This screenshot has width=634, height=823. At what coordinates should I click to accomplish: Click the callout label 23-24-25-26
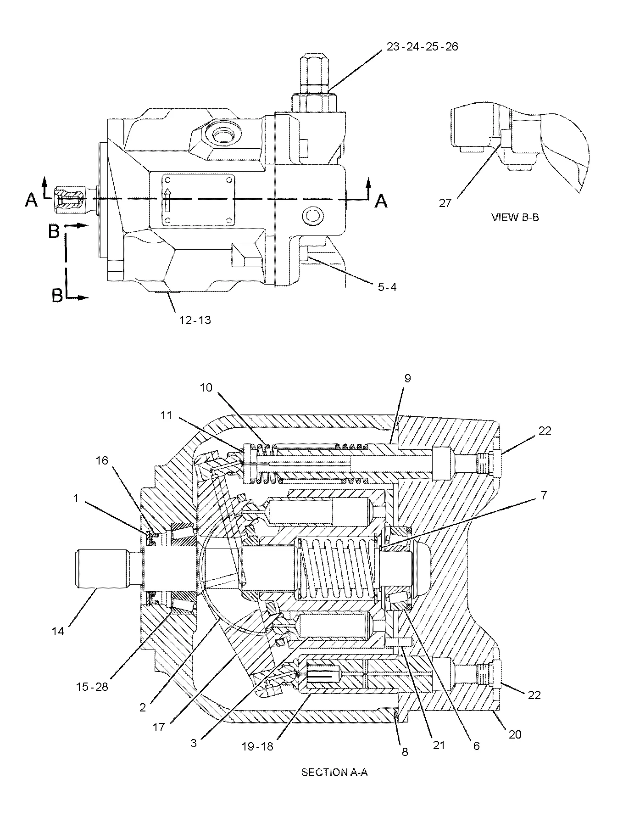422,47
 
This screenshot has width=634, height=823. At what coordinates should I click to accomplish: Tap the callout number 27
445,203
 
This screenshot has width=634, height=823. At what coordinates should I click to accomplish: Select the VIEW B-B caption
515,218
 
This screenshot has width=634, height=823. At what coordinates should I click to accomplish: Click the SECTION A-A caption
334,772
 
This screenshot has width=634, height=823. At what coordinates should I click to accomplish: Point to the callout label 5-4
387,287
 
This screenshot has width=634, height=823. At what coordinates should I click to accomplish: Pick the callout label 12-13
195,319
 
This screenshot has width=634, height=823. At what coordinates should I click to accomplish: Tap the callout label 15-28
93,687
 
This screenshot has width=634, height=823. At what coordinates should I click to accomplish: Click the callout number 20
515,734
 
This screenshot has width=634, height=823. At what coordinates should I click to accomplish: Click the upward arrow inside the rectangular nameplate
168,200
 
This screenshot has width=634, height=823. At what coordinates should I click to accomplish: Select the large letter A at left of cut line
31,200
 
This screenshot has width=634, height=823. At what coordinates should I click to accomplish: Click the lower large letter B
57,296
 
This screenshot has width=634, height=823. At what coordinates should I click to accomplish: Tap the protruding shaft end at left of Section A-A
100,569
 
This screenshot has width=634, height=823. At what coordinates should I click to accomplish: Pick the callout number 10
206,388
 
